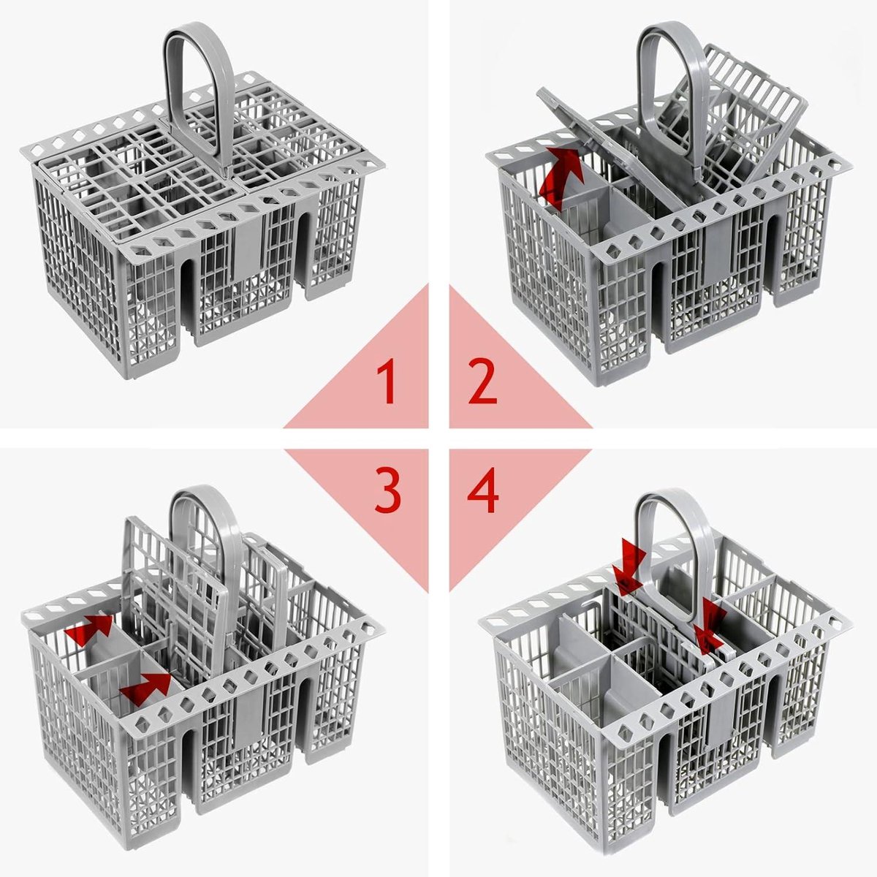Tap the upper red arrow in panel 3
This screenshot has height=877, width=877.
pyautogui.click(x=89, y=629)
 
